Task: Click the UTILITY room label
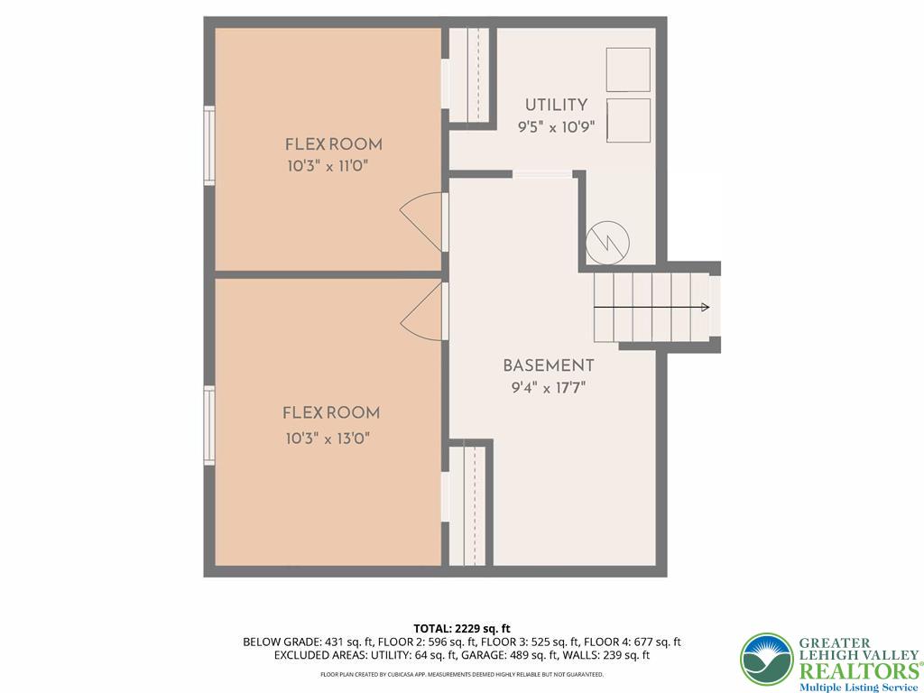(x=556, y=105)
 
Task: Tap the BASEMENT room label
(x=548, y=365)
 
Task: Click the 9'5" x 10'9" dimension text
(x=556, y=127)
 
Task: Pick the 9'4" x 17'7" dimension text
(x=548, y=389)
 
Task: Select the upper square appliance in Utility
(x=628, y=70)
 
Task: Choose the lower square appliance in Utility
(x=628, y=120)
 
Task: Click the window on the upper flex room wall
(x=209, y=145)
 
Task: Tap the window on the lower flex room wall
(x=209, y=425)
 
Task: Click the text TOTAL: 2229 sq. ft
(x=462, y=628)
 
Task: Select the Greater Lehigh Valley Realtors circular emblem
(x=766, y=659)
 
